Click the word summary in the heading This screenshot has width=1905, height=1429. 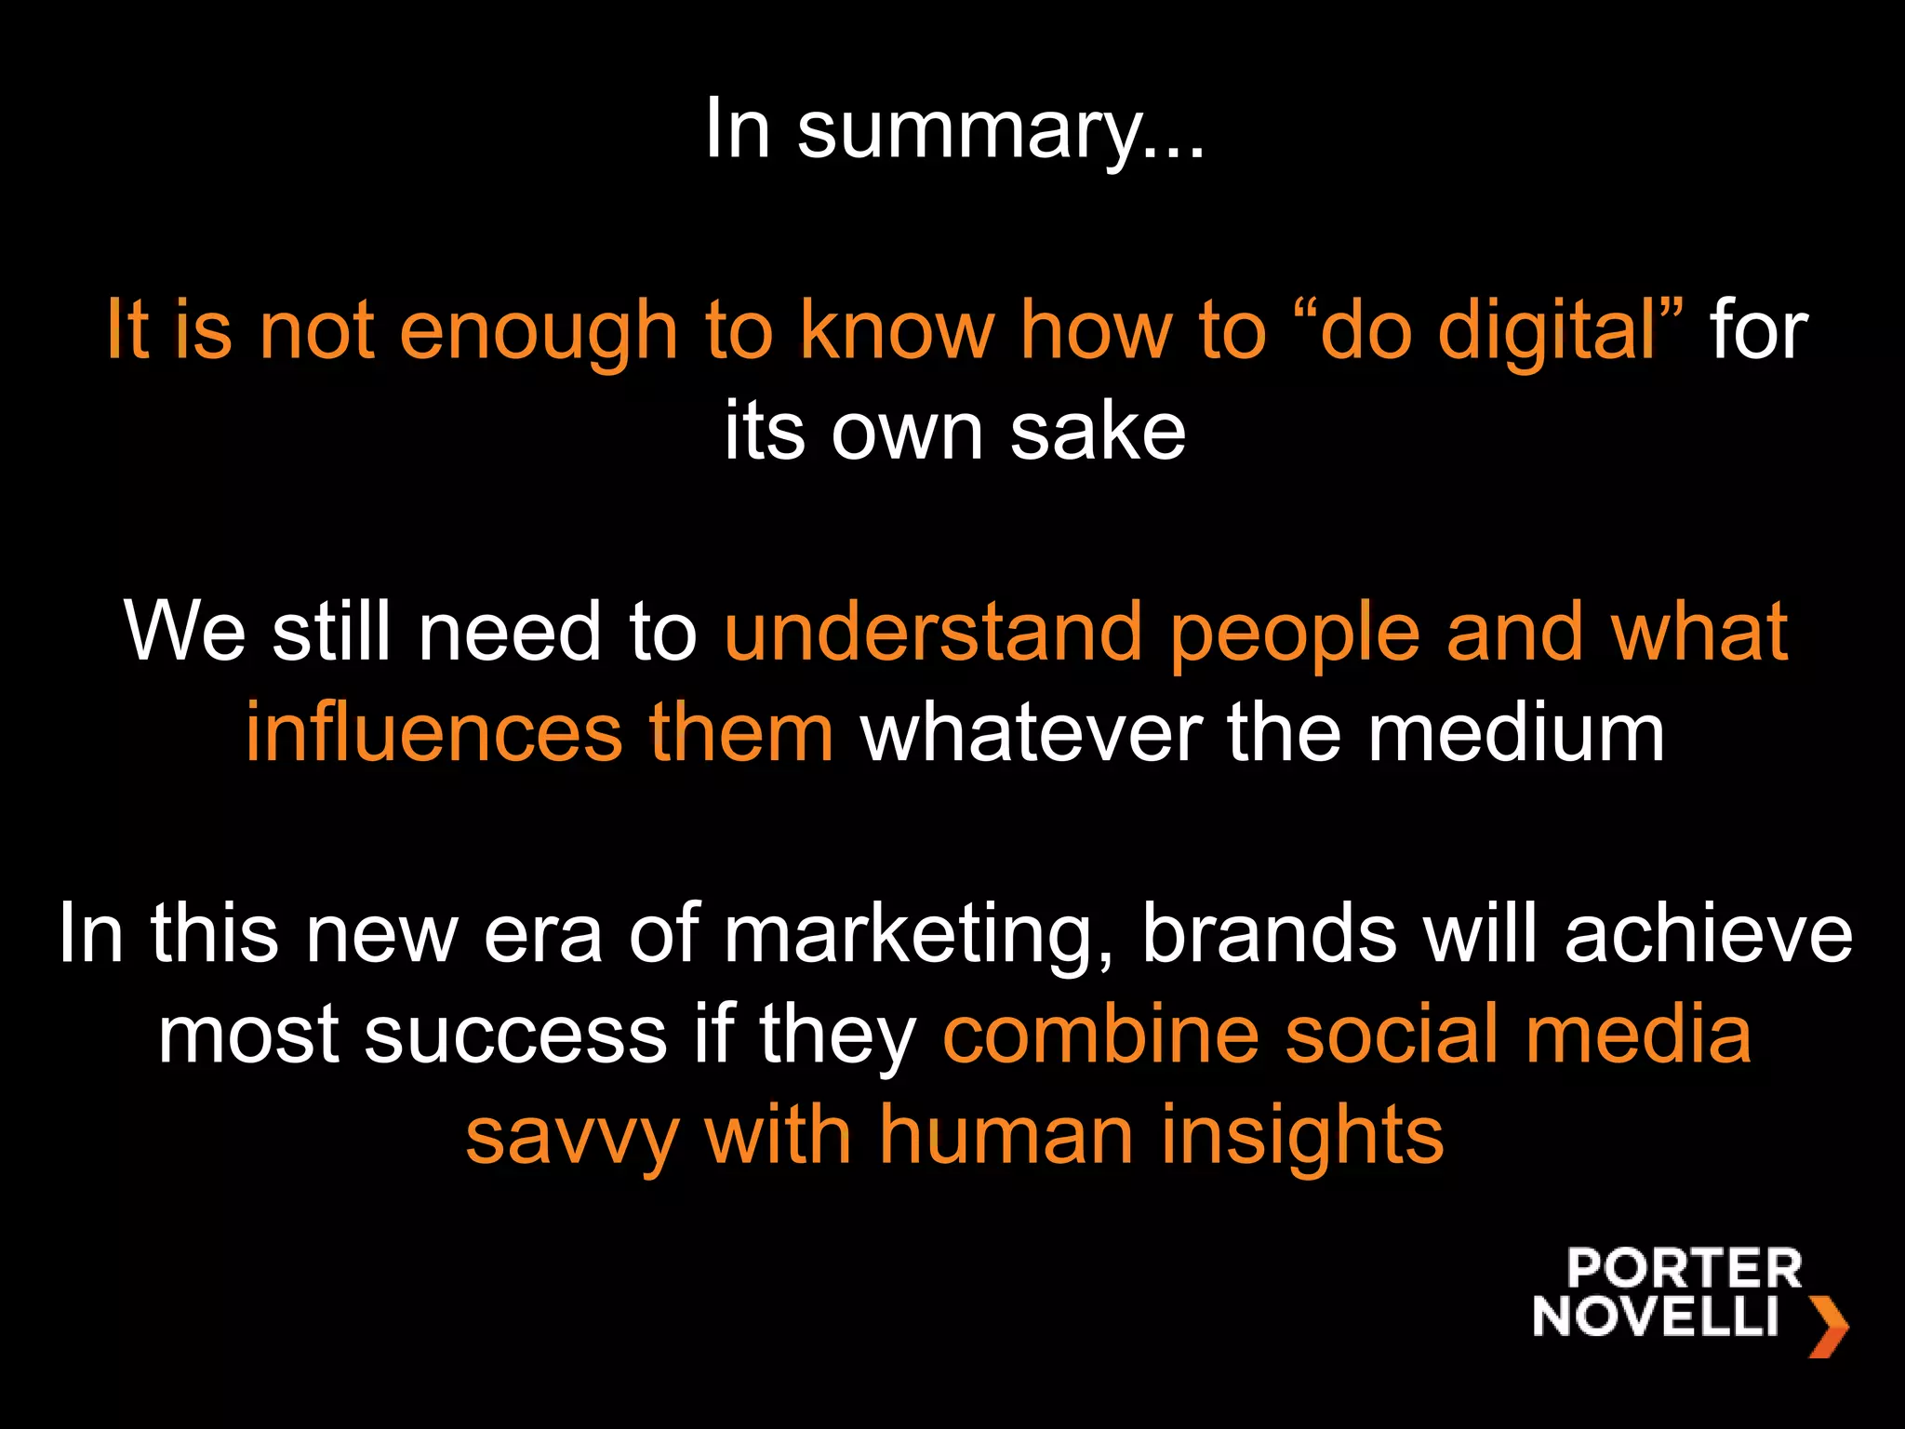click(1000, 131)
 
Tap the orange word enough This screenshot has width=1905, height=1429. click(539, 331)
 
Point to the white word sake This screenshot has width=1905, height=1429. click(1098, 432)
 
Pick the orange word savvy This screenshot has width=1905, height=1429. click(572, 1138)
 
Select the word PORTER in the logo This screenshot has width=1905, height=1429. click(1684, 1270)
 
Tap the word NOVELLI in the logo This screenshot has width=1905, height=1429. click(1656, 1316)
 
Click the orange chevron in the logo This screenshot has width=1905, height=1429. click(1827, 1326)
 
